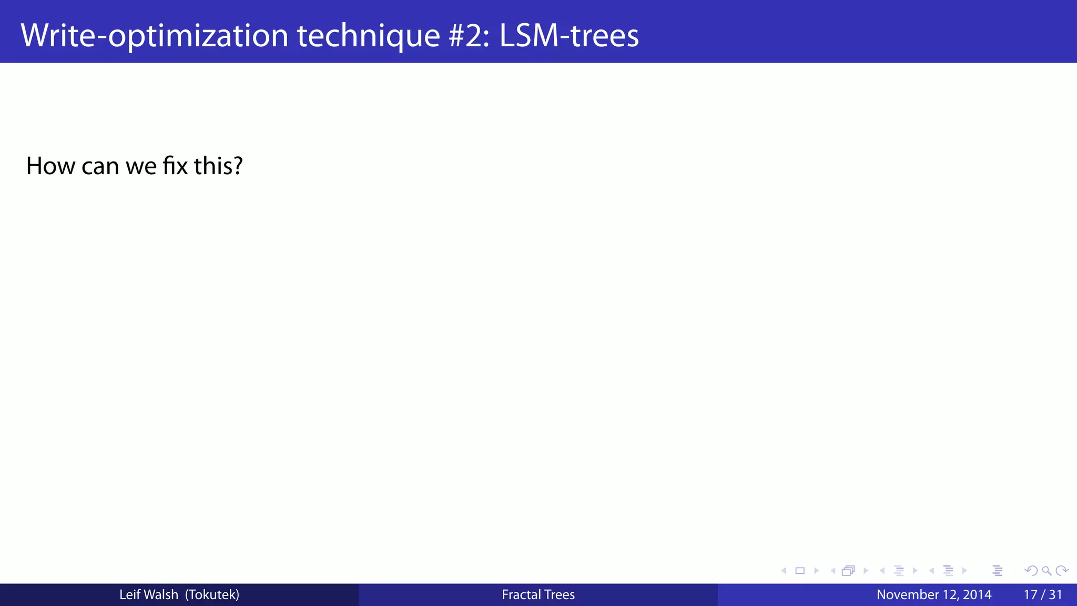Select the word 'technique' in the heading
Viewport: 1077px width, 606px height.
coord(368,35)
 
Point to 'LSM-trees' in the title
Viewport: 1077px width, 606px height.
coord(569,35)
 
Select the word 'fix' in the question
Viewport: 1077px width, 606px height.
coord(175,166)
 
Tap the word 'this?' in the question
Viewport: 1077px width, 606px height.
coord(218,166)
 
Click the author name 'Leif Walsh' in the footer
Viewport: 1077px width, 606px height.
coord(149,594)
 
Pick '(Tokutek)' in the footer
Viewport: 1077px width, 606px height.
coord(212,594)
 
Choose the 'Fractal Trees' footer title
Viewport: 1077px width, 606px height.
coord(538,594)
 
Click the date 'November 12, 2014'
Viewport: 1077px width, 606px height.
coord(934,594)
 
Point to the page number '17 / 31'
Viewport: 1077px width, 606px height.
coord(1043,594)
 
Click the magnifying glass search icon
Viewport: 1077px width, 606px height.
coord(1046,571)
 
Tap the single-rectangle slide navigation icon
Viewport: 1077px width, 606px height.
coord(800,571)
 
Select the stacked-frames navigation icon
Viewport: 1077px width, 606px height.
coord(848,571)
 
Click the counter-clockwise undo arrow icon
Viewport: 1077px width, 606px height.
coord(1031,571)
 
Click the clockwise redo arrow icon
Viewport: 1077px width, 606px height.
coord(1062,571)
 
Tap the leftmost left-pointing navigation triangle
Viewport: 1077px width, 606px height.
coord(784,571)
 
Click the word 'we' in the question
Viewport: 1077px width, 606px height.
coord(141,166)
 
